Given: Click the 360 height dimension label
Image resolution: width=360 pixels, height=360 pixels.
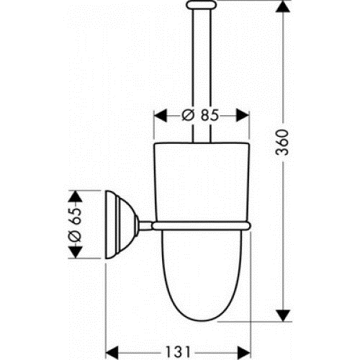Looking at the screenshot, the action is click(282, 143).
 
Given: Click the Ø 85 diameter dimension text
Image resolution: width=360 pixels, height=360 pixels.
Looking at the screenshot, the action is click(200, 115).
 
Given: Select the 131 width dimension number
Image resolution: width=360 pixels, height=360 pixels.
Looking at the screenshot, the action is click(178, 353).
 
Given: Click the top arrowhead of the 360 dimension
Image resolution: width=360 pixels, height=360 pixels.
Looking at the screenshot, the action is click(283, 6).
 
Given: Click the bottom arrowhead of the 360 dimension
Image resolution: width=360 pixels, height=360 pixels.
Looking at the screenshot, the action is click(283, 315).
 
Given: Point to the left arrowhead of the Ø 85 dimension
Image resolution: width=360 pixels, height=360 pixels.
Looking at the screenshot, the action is click(161, 115).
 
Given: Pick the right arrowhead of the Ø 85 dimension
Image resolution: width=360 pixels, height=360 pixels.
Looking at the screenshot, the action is click(243, 115).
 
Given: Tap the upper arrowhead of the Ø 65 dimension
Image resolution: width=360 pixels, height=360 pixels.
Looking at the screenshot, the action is click(76, 197).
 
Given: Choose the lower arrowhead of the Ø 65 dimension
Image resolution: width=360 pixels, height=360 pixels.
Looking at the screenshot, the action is click(76, 252).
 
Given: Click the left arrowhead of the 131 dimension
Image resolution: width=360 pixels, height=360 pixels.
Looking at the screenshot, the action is click(112, 353).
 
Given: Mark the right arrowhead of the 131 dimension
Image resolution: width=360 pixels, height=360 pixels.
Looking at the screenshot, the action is click(244, 353).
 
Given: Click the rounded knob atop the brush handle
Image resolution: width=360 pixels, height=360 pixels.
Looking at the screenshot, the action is click(202, 5).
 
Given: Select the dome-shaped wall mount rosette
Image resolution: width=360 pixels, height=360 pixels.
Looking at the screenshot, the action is click(122, 225).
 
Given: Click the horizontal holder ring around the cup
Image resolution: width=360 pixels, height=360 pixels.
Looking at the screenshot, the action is click(201, 226).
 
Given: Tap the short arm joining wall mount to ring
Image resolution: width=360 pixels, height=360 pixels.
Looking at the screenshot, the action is click(145, 226).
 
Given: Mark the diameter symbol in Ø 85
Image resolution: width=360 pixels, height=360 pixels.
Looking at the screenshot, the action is click(188, 115).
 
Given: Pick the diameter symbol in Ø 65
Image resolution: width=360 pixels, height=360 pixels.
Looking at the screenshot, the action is click(75, 235).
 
